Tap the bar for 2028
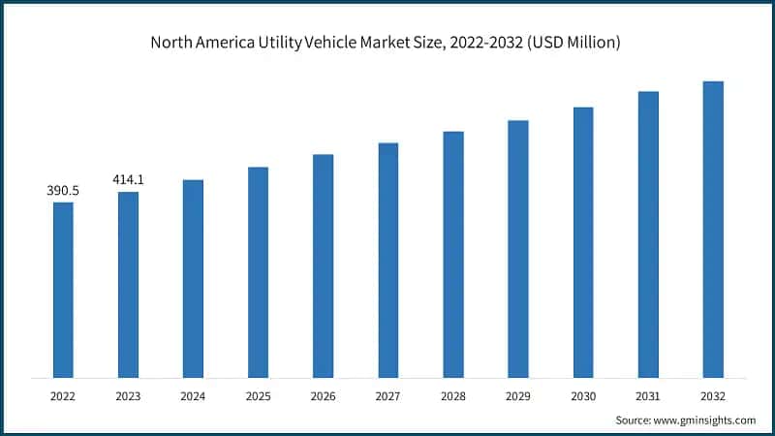453,254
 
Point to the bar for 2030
583,241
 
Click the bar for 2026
323,265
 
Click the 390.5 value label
63,191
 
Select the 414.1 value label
128,180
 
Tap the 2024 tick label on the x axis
193,396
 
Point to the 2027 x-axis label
387,396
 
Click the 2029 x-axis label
518,396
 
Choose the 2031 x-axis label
648,396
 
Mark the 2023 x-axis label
128,396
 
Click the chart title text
387,43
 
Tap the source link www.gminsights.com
706,420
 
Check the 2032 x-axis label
713,396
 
